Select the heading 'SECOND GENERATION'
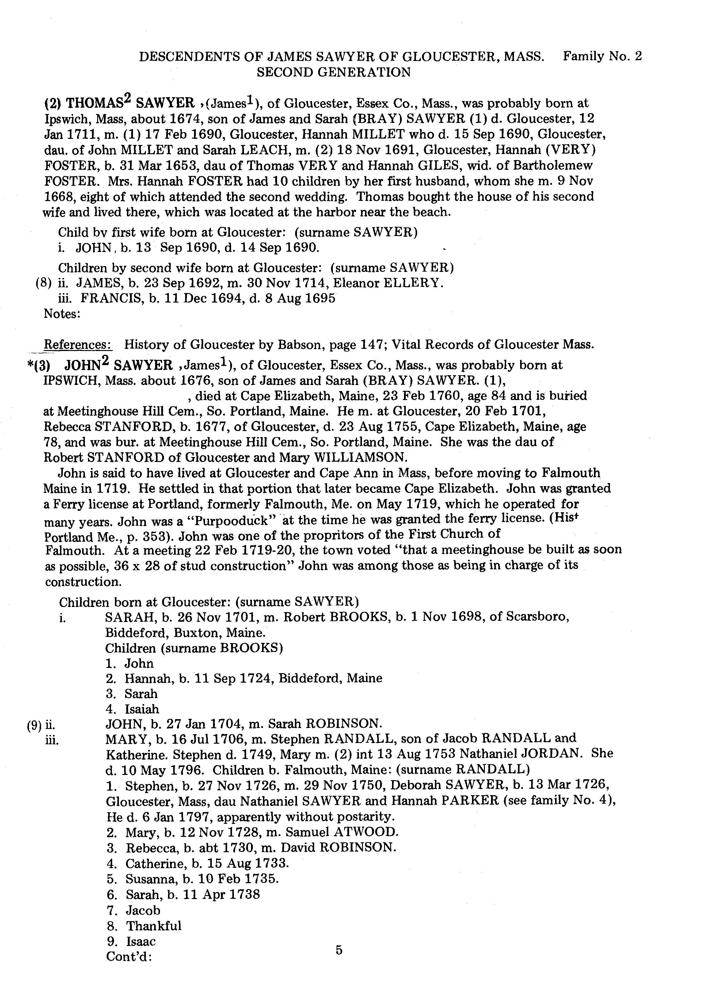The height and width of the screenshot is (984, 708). tap(333, 72)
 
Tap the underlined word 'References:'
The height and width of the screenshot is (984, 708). tap(78, 345)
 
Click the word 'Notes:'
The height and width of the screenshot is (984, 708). tap(62, 314)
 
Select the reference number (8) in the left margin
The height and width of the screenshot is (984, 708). tap(44, 283)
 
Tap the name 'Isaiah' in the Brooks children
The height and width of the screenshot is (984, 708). tap(142, 709)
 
